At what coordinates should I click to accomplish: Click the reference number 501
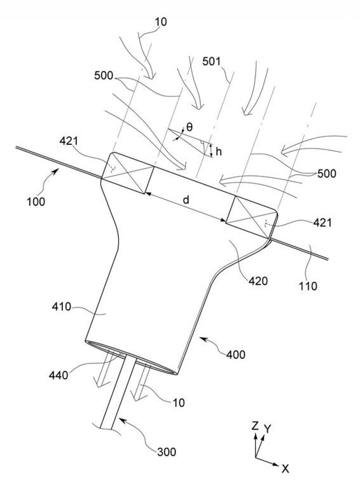pyautogui.click(x=212, y=62)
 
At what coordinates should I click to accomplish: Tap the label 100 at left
pyautogui.click(x=36, y=202)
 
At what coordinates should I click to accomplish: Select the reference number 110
pyautogui.click(x=308, y=286)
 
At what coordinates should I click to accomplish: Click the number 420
pyautogui.click(x=258, y=281)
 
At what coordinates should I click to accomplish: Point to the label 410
pyautogui.click(x=62, y=307)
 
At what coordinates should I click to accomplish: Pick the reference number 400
pyautogui.click(x=236, y=355)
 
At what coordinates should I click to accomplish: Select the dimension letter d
pyautogui.click(x=186, y=200)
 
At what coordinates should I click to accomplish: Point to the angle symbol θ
pyautogui.click(x=189, y=127)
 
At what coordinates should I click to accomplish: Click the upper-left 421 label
pyautogui.click(x=69, y=141)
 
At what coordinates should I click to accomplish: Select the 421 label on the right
pyautogui.click(x=322, y=223)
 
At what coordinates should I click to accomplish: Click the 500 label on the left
pyautogui.click(x=104, y=76)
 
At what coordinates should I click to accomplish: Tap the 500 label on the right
pyautogui.click(x=327, y=174)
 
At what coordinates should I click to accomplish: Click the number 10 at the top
pyautogui.click(x=161, y=22)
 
